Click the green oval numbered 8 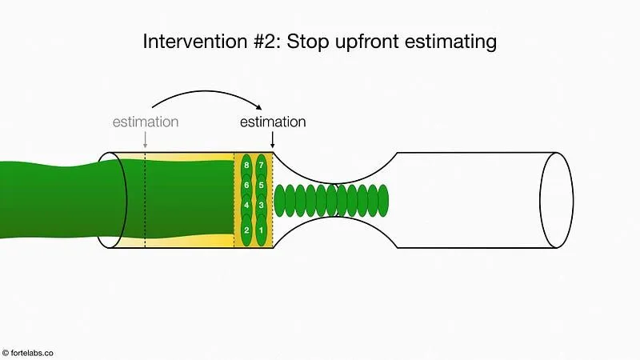(x=246, y=166)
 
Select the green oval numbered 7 (x=261, y=166)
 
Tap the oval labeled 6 (x=246, y=186)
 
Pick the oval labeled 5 (x=261, y=186)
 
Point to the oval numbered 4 (x=246, y=206)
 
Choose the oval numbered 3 (x=261, y=206)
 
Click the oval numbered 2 (x=246, y=230)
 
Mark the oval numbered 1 (x=261, y=230)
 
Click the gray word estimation (x=145, y=122)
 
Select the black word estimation (x=273, y=122)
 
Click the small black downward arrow (x=273, y=140)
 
